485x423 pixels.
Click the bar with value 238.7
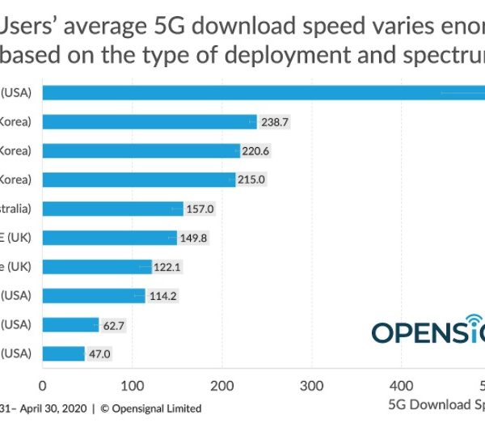tap(149, 121)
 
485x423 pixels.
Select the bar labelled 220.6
tap(141, 150)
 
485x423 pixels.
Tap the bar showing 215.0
tap(138, 180)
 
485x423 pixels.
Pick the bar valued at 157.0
tap(112, 209)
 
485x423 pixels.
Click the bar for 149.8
tap(109, 238)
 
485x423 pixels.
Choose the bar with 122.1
tap(97, 267)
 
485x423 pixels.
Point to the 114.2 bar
tap(94, 296)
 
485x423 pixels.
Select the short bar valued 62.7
tap(70, 325)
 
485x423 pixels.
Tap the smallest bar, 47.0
tap(63, 353)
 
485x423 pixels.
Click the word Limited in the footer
tap(180, 408)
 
